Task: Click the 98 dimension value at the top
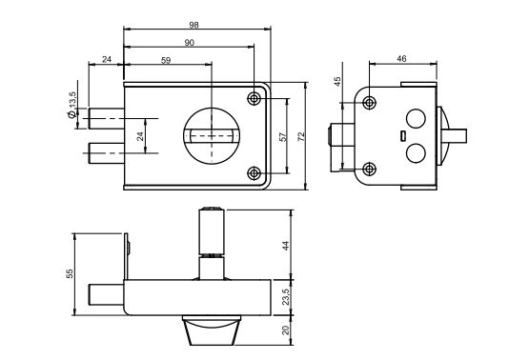tap(193, 25)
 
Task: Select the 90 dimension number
tap(190, 43)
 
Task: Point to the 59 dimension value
tap(166, 60)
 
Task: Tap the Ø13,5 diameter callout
tap(71, 105)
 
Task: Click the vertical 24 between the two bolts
tap(140, 136)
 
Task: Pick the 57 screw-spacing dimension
tap(283, 136)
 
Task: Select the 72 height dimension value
tap(301, 136)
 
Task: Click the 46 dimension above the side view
tap(401, 59)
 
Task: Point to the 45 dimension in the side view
tap(337, 81)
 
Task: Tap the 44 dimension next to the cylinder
tap(285, 245)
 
